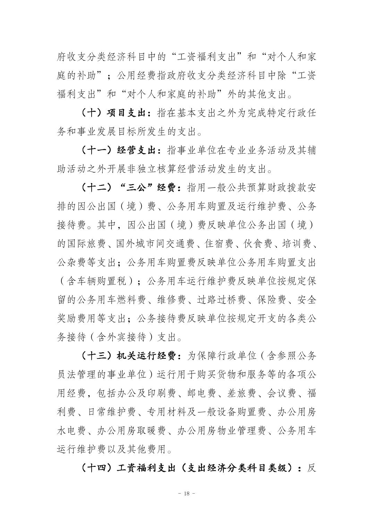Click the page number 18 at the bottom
186,494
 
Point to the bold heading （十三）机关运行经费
132,356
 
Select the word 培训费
297,244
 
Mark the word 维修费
172,300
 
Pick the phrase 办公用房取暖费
132,431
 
